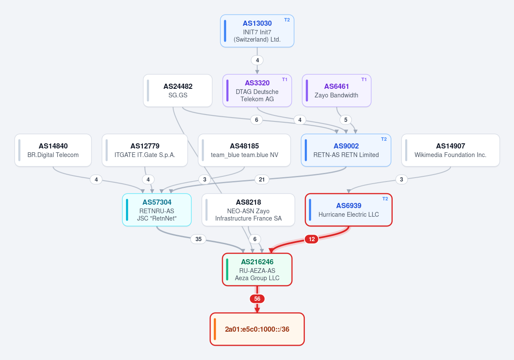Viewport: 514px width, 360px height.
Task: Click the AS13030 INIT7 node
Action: pyautogui.click(x=257, y=31)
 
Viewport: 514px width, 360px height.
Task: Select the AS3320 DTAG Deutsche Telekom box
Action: pyautogui.click(x=257, y=91)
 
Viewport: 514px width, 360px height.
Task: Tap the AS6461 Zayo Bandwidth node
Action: pyautogui.click(x=337, y=91)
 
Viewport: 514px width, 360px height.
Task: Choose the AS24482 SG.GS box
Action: pyautogui.click(x=177, y=91)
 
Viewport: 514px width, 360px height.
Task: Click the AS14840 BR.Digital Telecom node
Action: pyautogui.click(x=53, y=150)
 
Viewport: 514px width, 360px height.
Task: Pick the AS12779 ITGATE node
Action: pyautogui.click(x=145, y=150)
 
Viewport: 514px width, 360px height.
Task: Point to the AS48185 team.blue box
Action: pyautogui.click(x=244, y=150)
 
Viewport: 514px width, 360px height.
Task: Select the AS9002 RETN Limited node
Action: pyautogui.click(x=346, y=150)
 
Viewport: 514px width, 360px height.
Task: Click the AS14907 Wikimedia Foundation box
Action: pyautogui.click(x=451, y=150)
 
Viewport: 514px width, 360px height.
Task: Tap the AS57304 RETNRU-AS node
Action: pyautogui.click(x=157, y=210)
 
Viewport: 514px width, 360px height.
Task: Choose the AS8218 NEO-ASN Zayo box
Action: pyautogui.click(x=249, y=210)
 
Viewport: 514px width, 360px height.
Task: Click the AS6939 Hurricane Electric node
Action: pyautogui.click(x=349, y=210)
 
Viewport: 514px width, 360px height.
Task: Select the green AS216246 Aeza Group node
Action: pyautogui.click(x=257, y=269)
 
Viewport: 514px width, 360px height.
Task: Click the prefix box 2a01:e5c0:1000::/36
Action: pyautogui.click(x=257, y=329)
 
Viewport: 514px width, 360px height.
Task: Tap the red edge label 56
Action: pyautogui.click(x=257, y=299)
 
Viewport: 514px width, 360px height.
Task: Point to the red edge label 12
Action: pyautogui.click(x=312, y=239)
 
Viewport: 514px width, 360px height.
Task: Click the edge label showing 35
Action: pyautogui.click(x=198, y=239)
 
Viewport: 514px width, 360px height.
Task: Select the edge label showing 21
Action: pyautogui.click(x=262, y=179)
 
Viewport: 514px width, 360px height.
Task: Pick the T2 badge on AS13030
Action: pyautogui.click(x=287, y=20)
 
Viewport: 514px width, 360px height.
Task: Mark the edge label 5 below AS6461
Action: pyautogui.click(x=346, y=120)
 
